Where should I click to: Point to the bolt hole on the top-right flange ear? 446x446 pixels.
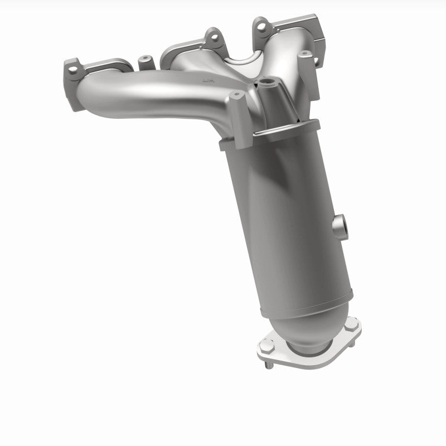(x=260, y=26)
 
